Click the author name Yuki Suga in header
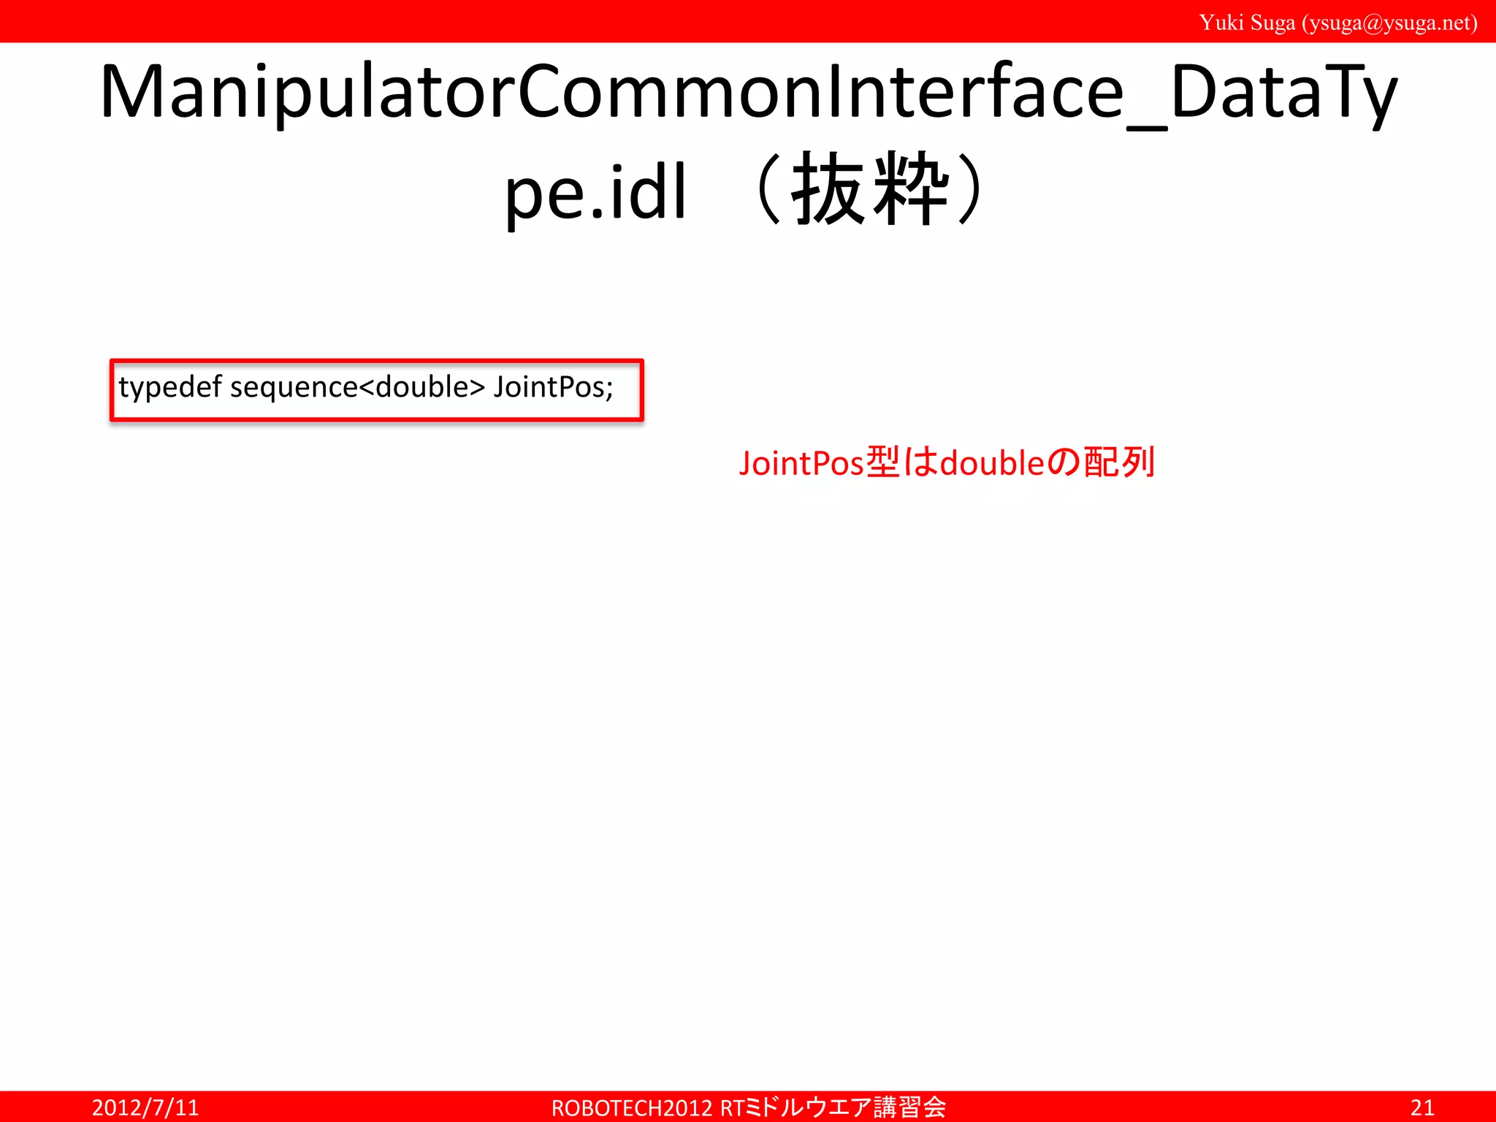(1247, 23)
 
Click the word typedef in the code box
(169, 387)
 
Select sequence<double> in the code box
(357, 387)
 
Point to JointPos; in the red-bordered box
(553, 387)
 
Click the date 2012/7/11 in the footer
(145, 1107)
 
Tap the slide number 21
(1422, 1107)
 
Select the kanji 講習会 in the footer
(910, 1107)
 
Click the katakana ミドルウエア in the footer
(809, 1107)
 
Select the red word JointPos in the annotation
(801, 463)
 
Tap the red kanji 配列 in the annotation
(1119, 463)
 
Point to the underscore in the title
(1147, 128)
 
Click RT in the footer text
(732, 1107)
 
